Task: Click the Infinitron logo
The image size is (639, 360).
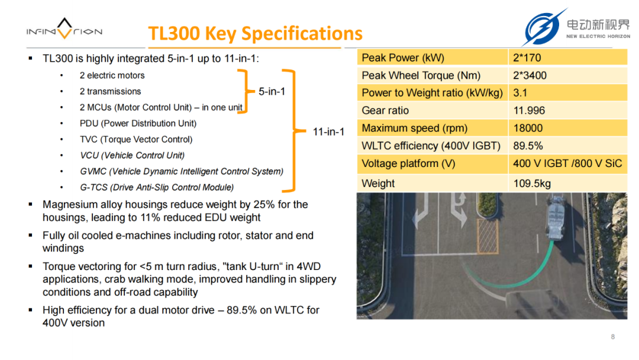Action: pyautogui.click(x=64, y=29)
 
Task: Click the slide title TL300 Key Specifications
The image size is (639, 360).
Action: pyautogui.click(x=255, y=33)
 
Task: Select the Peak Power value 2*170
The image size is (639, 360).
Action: pyautogui.click(x=527, y=58)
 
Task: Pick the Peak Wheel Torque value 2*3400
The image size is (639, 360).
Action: pyautogui.click(x=530, y=75)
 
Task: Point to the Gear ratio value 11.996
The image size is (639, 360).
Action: pyautogui.click(x=529, y=111)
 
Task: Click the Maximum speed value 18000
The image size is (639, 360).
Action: pyautogui.click(x=528, y=128)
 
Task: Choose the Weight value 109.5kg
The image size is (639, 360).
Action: pyautogui.click(x=532, y=184)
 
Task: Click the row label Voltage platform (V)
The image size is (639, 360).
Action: pyautogui.click(x=408, y=163)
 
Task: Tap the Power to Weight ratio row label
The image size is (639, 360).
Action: pyautogui.click(x=432, y=93)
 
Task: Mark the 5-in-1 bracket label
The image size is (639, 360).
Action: pyautogui.click(x=272, y=91)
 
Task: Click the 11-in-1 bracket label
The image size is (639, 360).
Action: pyautogui.click(x=328, y=131)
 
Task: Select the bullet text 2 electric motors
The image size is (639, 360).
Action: pyautogui.click(x=112, y=75)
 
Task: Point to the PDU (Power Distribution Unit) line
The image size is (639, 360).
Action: pyautogui.click(x=138, y=124)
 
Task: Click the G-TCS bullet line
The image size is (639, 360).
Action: pyautogui.click(x=157, y=188)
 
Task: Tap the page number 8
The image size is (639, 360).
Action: pyautogui.click(x=612, y=337)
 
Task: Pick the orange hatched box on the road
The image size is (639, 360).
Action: pyautogui.click(x=488, y=236)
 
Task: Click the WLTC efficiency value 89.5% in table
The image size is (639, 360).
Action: pyautogui.click(x=528, y=146)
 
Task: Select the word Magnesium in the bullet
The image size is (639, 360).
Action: pyautogui.click(x=70, y=205)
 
